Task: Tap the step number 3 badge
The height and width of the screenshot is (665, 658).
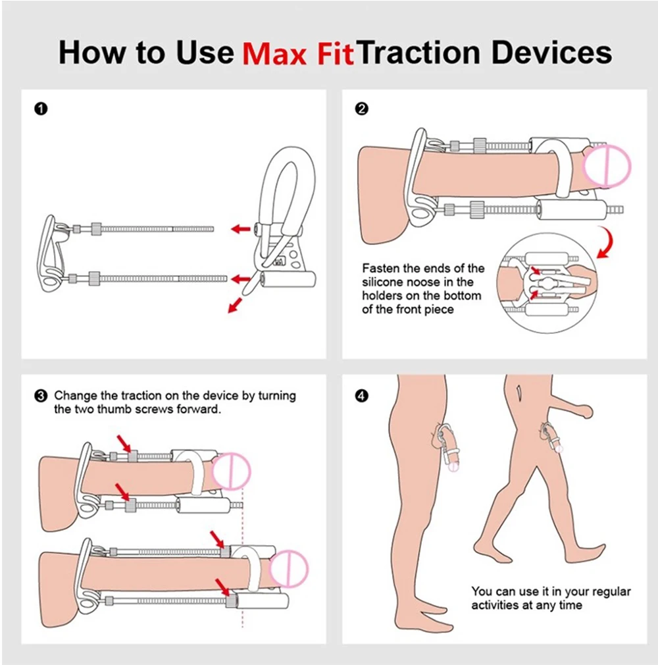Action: pos(41,396)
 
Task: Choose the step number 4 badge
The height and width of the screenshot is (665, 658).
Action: pos(361,396)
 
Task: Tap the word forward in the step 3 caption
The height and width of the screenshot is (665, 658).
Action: pos(222,410)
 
